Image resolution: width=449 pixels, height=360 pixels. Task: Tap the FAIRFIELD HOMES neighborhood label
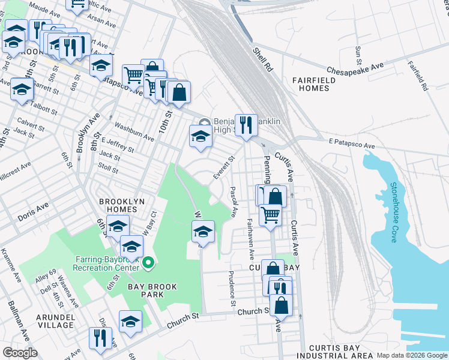click(x=311, y=84)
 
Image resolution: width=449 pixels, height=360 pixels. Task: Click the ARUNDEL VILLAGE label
click(x=55, y=320)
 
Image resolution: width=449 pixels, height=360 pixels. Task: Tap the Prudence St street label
click(x=232, y=287)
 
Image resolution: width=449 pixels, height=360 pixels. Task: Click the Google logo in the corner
click(x=20, y=353)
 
